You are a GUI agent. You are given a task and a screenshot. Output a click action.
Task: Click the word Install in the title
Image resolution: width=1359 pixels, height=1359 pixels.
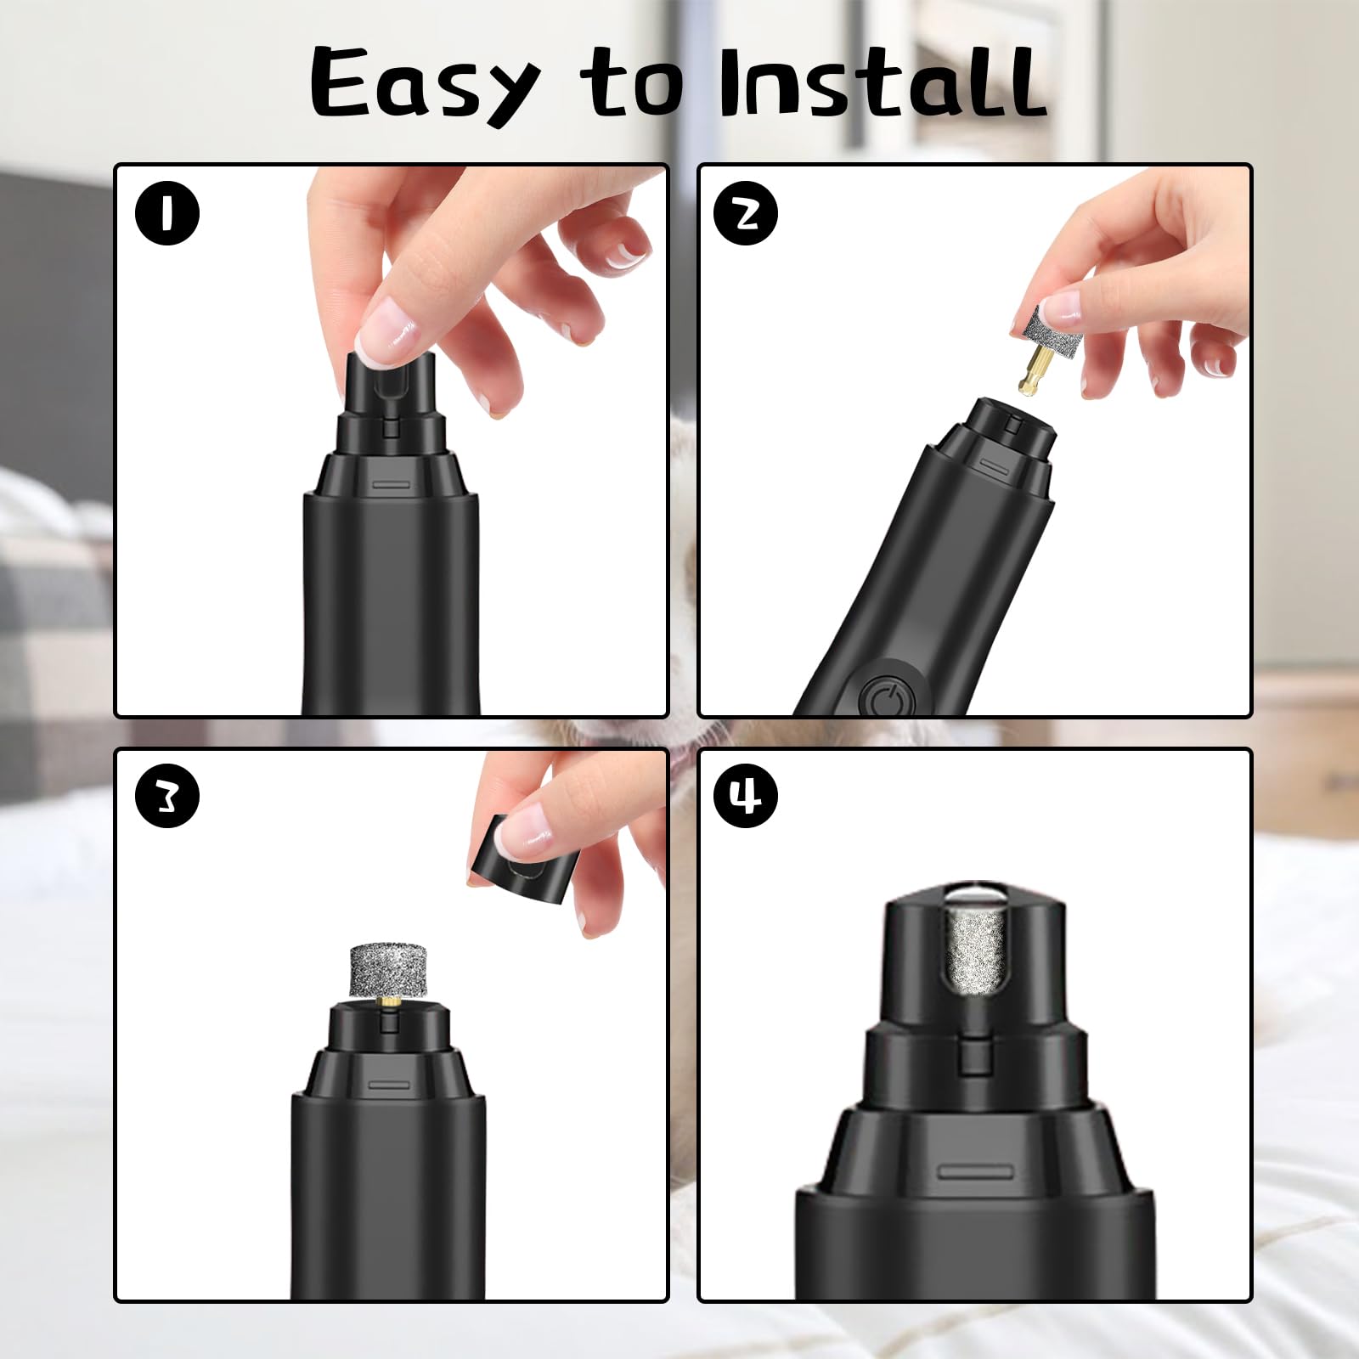[x=883, y=83]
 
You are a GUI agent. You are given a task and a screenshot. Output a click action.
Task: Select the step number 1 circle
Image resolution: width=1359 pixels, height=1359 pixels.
[x=167, y=213]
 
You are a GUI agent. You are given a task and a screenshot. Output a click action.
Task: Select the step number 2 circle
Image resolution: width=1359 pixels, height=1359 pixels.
[x=746, y=213]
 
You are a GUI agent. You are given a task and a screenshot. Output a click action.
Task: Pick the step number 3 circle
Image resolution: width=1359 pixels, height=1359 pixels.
[x=167, y=797]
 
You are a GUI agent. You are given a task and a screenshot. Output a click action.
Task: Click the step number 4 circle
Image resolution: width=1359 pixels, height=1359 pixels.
[x=746, y=797]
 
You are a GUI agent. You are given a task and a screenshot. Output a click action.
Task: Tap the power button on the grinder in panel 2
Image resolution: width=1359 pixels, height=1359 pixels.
[x=884, y=699]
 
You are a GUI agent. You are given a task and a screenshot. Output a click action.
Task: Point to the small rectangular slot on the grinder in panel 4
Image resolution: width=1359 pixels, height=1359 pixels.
[x=975, y=1173]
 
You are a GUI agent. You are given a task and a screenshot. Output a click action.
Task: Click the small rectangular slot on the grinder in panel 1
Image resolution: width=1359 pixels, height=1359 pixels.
[x=392, y=485]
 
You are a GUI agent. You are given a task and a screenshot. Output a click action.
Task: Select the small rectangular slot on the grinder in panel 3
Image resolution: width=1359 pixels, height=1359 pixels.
[x=389, y=1085]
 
